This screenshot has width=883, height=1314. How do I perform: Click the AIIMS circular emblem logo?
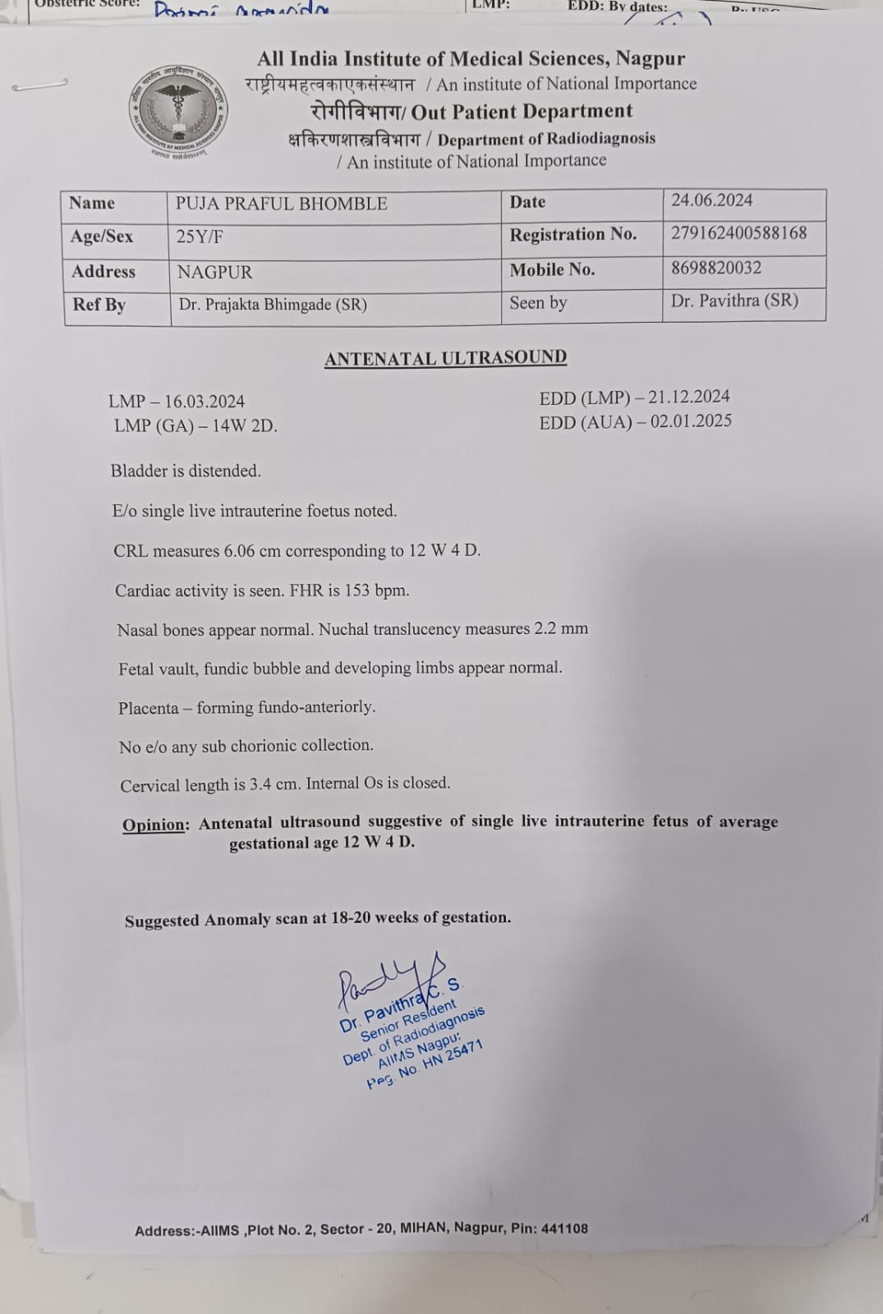(x=177, y=111)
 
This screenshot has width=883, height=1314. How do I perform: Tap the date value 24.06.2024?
(x=711, y=200)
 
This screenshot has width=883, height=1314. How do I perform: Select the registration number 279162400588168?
(x=738, y=233)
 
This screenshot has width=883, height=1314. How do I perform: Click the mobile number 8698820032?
(x=715, y=268)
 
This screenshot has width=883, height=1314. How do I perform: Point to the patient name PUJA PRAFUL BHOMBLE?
(x=281, y=204)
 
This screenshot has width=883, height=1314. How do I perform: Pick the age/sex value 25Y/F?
(x=200, y=237)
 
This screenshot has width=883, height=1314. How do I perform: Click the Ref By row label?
(x=99, y=305)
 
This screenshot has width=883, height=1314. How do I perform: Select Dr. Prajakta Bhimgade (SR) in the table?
(x=273, y=305)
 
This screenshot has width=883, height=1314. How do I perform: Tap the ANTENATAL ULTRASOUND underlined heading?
(x=445, y=358)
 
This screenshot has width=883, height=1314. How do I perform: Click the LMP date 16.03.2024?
(x=205, y=402)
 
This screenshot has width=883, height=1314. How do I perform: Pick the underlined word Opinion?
(x=155, y=825)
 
